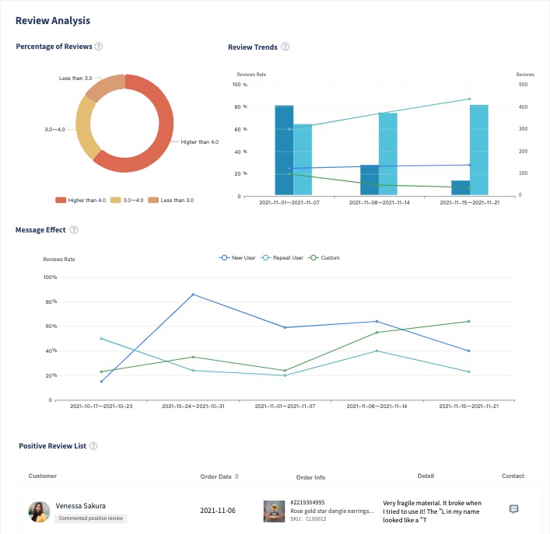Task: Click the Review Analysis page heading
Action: [x=53, y=19]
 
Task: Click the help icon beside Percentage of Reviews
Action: [x=99, y=47]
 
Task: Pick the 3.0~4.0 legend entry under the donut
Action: [x=129, y=200]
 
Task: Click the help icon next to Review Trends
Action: [x=285, y=47]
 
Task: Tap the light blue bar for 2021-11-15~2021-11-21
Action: [x=480, y=149]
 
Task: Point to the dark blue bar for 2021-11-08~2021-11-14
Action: [x=370, y=180]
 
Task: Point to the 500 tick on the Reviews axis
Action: [x=523, y=85]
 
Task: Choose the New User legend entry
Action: [x=236, y=257]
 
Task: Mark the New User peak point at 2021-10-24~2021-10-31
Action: [x=193, y=295]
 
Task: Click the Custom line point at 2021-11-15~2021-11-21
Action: [x=469, y=321]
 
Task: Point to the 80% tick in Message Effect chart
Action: [x=51, y=302]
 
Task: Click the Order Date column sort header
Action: [x=219, y=476]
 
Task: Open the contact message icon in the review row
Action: [x=513, y=509]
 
